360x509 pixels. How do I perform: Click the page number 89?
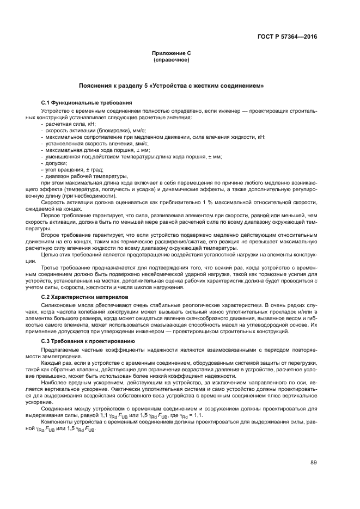(314, 463)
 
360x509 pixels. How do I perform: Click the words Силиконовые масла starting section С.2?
(65, 306)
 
